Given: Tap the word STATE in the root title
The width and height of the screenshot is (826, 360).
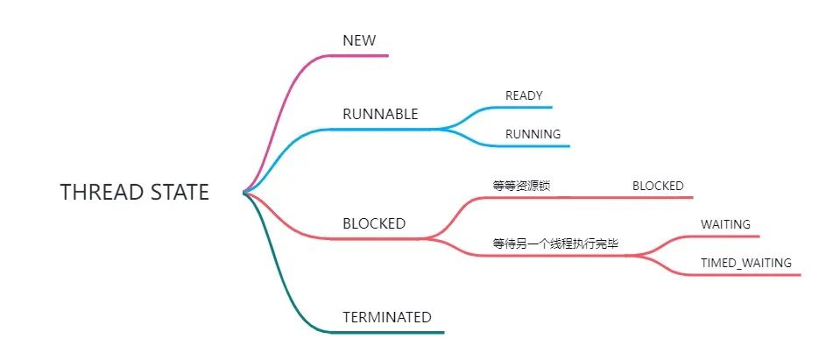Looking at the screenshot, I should point(180,193).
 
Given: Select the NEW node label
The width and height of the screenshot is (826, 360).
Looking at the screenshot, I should point(358,40).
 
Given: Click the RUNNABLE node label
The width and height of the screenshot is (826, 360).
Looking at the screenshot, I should point(380,114).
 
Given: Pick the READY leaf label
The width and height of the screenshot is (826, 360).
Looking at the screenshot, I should point(524,95).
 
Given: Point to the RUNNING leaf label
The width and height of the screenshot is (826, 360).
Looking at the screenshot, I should point(533,134).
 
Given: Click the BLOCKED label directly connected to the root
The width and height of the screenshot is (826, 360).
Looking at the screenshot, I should point(374,223).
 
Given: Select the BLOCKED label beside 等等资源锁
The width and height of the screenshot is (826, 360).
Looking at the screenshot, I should point(658,186).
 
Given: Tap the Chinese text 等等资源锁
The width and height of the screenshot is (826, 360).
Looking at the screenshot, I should point(522,186).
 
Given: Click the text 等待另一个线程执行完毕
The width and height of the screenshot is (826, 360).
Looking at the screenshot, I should point(555,244).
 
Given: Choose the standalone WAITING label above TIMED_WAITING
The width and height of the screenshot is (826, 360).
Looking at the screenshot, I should point(725,224).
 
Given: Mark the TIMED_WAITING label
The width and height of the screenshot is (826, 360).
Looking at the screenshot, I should point(746,263).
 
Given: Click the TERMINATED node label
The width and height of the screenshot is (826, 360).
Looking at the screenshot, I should point(387,317).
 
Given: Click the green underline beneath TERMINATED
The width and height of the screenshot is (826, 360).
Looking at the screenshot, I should point(394,332).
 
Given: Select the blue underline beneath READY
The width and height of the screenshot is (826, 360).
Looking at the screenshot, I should point(526,107).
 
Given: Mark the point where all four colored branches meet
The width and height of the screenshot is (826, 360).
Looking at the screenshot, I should point(245,193).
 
